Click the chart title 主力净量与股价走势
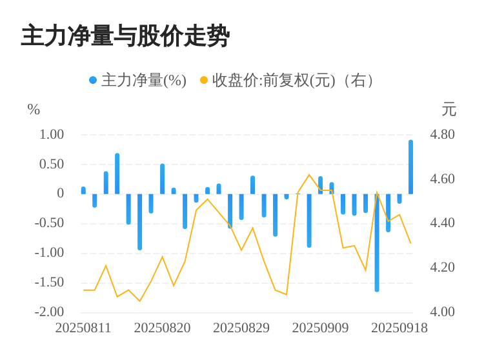pos(125,36)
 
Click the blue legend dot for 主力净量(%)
pos(93,81)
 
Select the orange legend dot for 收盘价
pos(204,81)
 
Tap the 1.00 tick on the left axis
pos(52,135)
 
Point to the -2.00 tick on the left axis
pos(49,312)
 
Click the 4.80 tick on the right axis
pos(443,135)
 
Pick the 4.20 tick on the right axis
pos(443,267)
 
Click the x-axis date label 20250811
pos(83,328)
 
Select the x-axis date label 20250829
pos(241,328)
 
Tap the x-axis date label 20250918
pos(399,328)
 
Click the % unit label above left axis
pos(34,110)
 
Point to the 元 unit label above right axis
pos(449,110)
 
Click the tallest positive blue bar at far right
pos(410,166)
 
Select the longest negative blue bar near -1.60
pos(377,243)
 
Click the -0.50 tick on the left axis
pos(49,223)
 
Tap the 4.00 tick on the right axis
pos(443,312)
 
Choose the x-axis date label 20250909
pos(321,328)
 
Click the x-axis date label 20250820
pos(163,328)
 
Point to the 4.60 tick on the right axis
pos(443,179)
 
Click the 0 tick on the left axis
pos(61,194)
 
